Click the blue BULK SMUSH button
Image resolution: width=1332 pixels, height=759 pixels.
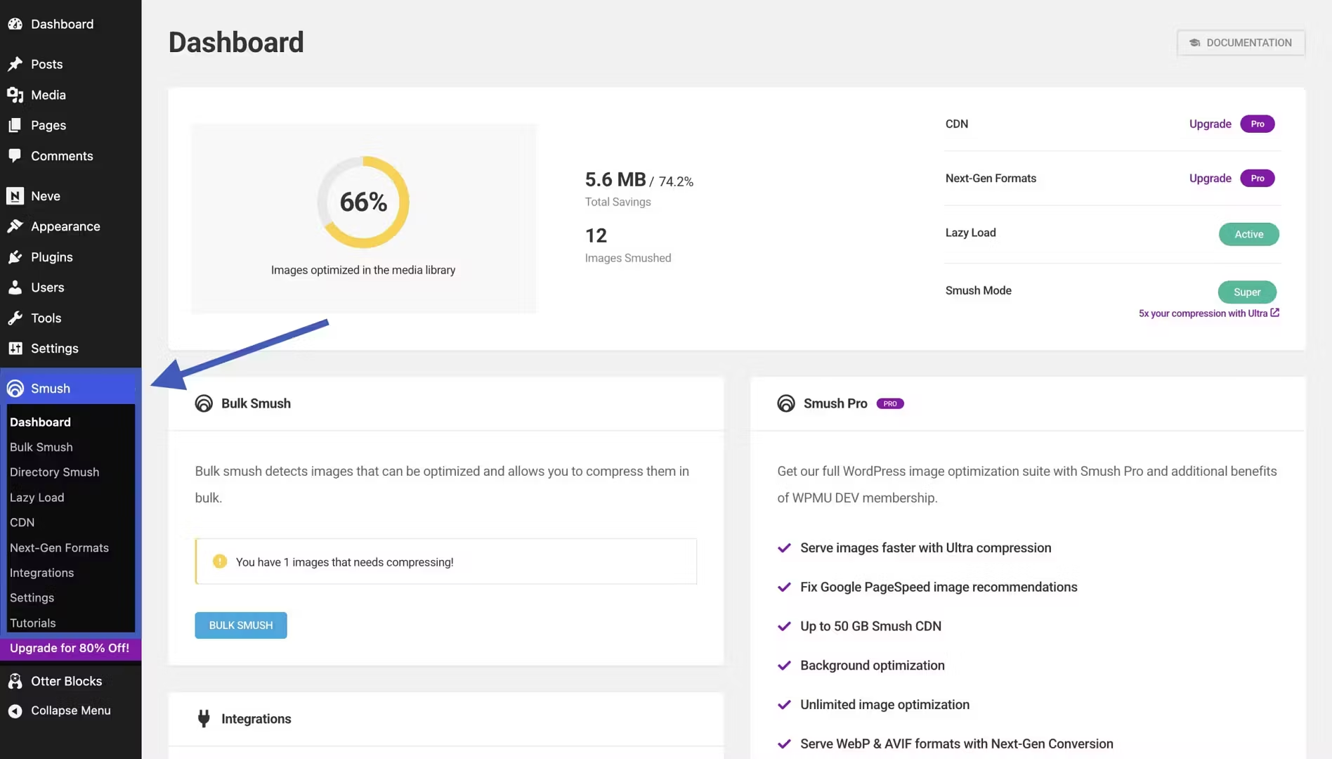tap(240, 625)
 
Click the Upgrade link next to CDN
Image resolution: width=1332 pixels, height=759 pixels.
tap(1210, 124)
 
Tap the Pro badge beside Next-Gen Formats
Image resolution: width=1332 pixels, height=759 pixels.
tap(1257, 179)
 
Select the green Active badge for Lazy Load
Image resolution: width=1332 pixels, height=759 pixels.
tap(1248, 234)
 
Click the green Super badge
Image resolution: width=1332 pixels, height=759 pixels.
tap(1247, 292)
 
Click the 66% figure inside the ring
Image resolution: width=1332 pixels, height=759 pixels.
tap(363, 202)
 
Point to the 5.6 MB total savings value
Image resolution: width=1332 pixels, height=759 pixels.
tap(615, 180)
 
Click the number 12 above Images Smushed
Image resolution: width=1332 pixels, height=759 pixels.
tap(596, 235)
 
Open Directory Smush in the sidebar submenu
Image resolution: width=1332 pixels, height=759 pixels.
tap(54, 472)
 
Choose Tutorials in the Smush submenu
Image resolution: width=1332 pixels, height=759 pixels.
tap(32, 623)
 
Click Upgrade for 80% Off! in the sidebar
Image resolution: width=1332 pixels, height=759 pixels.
tap(70, 648)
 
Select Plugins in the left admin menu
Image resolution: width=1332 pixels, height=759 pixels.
tap(51, 257)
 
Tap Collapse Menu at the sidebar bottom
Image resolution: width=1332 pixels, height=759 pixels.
tap(70, 711)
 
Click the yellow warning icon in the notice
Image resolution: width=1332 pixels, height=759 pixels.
tap(220, 562)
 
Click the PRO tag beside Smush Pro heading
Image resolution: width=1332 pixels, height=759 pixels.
tap(889, 403)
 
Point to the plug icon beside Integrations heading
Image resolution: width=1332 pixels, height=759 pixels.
tap(204, 718)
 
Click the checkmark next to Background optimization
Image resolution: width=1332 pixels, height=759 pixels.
tap(784, 666)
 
